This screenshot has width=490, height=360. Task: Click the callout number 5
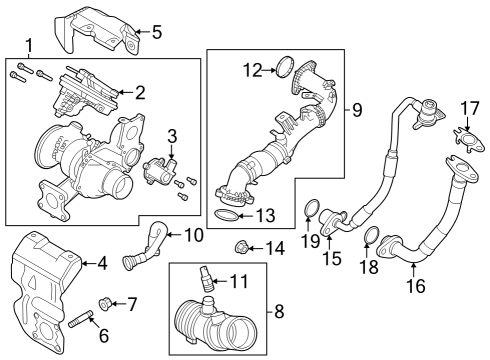click(x=156, y=32)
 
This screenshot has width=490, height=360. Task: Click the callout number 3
click(x=171, y=135)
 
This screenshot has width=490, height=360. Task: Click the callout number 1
click(x=29, y=45)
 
